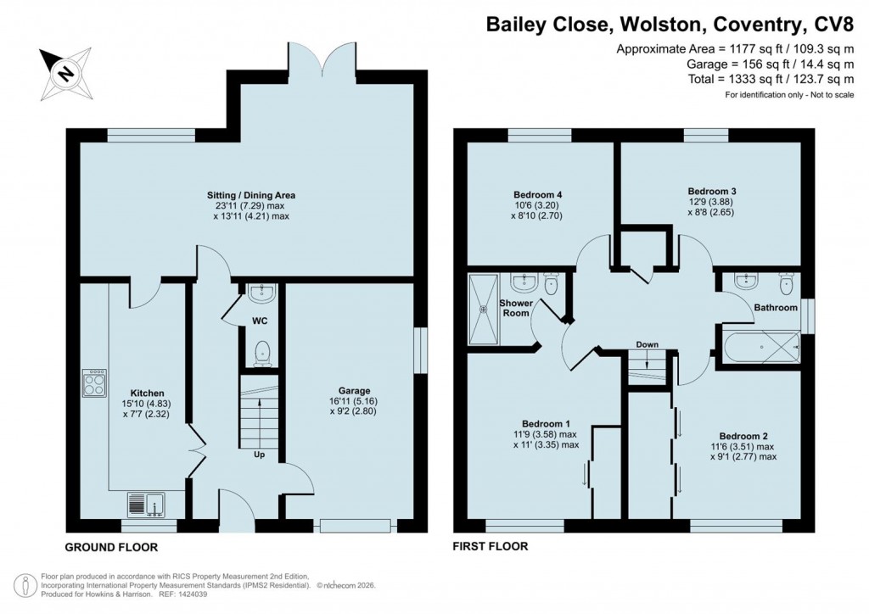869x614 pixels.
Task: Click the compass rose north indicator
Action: [x=64, y=72]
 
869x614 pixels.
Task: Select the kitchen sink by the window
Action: [x=149, y=505]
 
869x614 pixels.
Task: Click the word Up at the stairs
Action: [x=257, y=455]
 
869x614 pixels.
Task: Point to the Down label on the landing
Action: [x=648, y=345]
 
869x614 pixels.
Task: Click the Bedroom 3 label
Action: [x=711, y=192]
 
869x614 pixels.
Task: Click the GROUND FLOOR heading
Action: [x=111, y=547]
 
